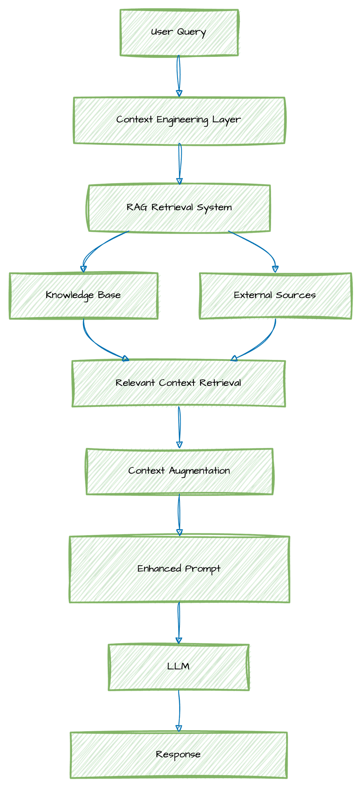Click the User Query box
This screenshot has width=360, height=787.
(x=179, y=32)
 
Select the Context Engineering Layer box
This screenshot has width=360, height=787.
(x=179, y=120)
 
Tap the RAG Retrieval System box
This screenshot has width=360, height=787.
(x=179, y=208)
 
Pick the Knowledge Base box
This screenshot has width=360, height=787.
(x=83, y=296)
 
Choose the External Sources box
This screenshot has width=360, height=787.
(x=275, y=296)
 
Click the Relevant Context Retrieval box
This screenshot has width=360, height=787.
(x=179, y=384)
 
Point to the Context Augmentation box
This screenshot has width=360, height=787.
(x=179, y=471)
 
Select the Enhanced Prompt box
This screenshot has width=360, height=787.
(x=179, y=569)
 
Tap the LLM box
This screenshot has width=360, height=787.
(x=179, y=667)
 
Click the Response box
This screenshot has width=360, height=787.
(x=179, y=755)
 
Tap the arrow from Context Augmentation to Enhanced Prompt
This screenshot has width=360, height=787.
(x=179, y=515)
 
